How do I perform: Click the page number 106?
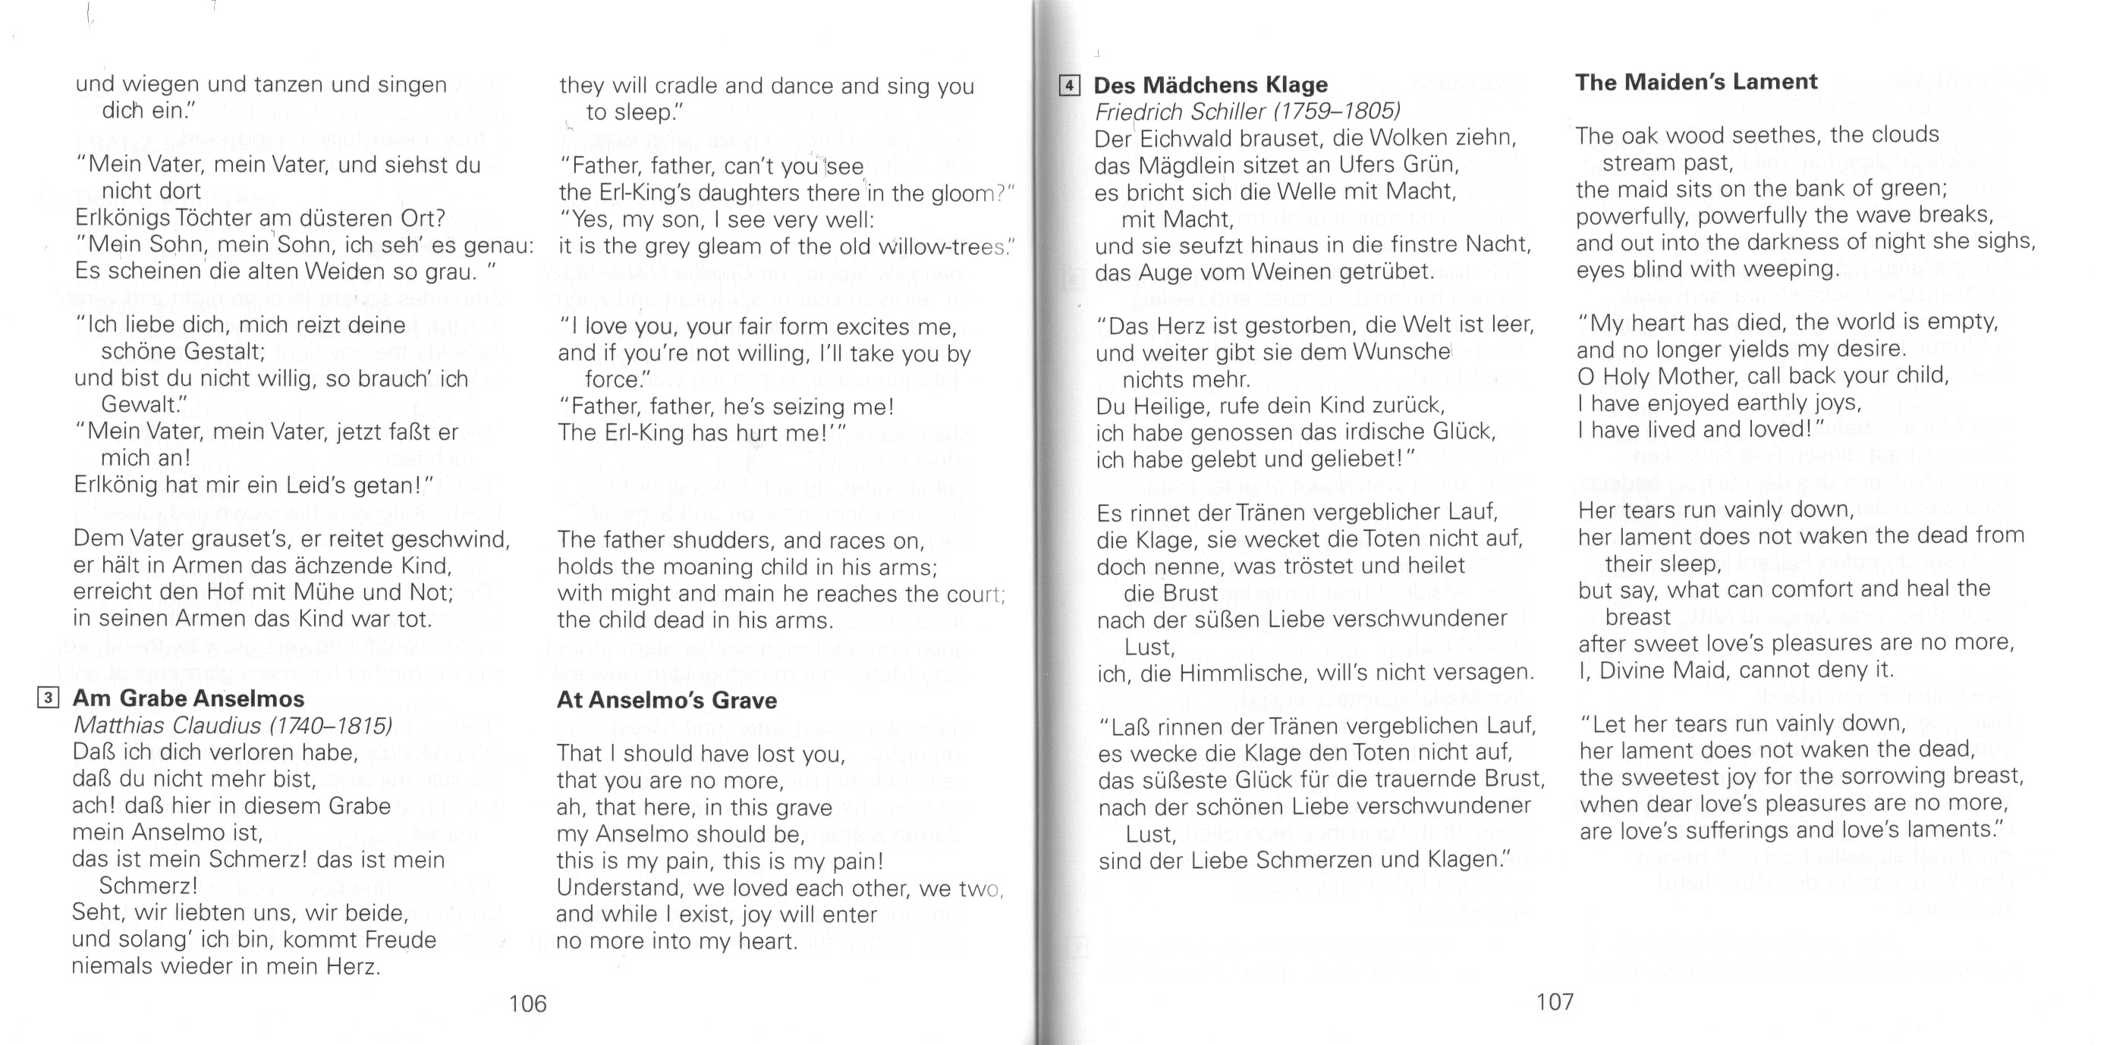point(527,1003)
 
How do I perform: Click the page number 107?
point(1554,1002)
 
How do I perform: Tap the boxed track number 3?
point(49,698)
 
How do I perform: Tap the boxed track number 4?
point(1070,85)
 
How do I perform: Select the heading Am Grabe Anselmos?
point(188,698)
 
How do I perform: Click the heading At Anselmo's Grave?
point(666,701)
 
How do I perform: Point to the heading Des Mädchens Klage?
point(1210,85)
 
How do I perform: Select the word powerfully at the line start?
point(1626,216)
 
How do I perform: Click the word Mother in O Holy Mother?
point(1700,376)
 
